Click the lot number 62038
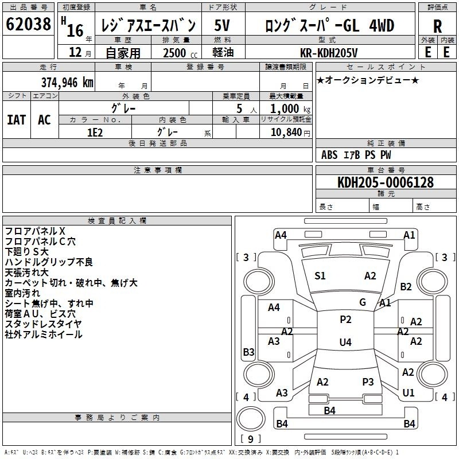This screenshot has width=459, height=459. coord(28,24)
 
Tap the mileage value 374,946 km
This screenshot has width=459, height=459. coord(67,83)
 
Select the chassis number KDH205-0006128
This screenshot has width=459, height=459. coord(385,182)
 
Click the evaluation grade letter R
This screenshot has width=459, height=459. coord(437,26)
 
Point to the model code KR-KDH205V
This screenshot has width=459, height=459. coord(329,53)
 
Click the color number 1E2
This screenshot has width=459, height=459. coord(95,133)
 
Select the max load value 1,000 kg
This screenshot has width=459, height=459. coord(290,109)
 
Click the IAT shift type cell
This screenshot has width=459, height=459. coord(17,120)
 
